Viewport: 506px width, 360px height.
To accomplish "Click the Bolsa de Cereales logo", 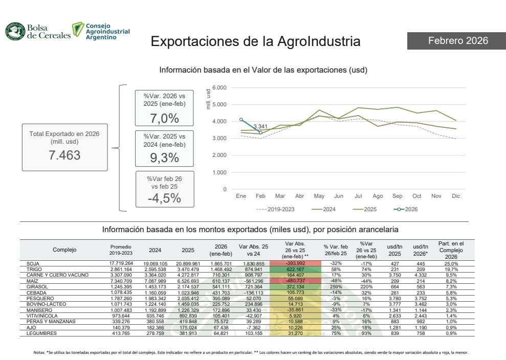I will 38,31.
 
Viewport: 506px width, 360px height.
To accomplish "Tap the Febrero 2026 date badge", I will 456,40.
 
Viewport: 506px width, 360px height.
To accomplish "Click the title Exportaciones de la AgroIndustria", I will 255,41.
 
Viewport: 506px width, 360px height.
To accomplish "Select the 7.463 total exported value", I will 64,155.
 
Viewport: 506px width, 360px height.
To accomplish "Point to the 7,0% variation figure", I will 164,118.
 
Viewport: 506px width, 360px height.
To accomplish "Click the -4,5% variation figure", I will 164,198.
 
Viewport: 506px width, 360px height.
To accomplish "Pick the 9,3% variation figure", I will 164,158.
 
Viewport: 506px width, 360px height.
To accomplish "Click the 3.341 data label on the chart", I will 260,126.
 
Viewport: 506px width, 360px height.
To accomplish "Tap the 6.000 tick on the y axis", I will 219,87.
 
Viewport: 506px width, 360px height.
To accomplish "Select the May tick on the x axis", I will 319,196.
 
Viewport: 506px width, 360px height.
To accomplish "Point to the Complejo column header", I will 64,250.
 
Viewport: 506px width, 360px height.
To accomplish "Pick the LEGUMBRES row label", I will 40,333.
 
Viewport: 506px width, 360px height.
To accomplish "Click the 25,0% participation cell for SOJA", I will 450,263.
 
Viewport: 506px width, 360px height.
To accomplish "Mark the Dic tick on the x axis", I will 456,196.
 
